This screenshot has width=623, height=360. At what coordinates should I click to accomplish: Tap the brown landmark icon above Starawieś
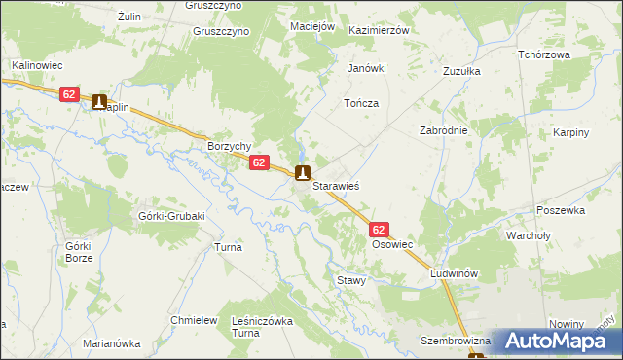[x=303, y=174]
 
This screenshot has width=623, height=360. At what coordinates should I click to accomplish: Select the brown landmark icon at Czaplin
[x=98, y=101]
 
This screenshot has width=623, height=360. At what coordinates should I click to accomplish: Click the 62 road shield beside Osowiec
[x=380, y=230]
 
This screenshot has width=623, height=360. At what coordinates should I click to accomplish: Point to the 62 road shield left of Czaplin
[x=68, y=94]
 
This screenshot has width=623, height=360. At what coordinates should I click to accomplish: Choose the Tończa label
[x=360, y=102]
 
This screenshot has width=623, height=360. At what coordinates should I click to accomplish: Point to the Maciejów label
[x=312, y=25]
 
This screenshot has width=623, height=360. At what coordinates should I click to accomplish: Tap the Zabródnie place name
[x=444, y=130]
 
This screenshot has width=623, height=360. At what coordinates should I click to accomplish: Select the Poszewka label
[x=560, y=209]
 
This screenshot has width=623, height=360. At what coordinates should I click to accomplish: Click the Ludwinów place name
[x=456, y=274]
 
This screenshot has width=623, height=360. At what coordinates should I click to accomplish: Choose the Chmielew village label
[x=192, y=320]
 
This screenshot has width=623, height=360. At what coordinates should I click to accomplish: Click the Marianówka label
[x=112, y=343]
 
